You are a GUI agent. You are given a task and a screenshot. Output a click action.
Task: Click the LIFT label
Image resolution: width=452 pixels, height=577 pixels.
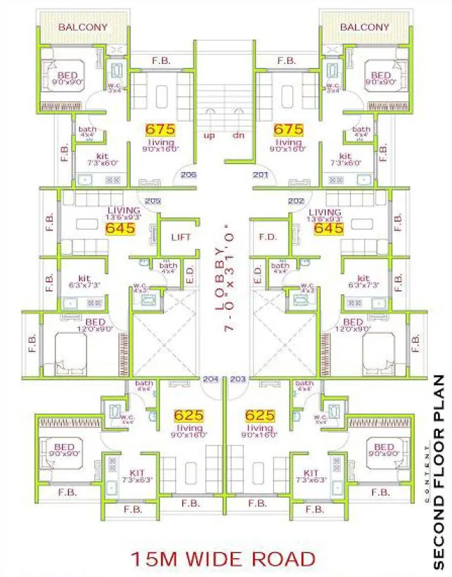[181, 238]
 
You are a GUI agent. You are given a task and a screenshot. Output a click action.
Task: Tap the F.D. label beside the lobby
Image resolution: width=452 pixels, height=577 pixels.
[268, 238]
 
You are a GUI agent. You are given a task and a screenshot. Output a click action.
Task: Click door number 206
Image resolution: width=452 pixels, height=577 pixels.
[188, 175]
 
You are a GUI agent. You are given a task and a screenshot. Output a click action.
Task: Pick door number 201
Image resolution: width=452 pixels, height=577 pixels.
[261, 175]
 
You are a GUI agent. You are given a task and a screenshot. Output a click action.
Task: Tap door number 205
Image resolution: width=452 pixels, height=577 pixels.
[153, 201]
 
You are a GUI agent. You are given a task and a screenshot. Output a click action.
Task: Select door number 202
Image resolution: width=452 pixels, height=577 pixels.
[296, 201]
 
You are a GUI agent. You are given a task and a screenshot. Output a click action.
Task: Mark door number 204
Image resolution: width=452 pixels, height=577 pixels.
[210, 380]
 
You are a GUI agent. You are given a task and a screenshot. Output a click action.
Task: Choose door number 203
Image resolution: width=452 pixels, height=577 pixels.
[238, 380]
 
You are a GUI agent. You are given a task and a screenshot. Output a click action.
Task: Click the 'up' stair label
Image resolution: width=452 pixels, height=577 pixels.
[209, 135]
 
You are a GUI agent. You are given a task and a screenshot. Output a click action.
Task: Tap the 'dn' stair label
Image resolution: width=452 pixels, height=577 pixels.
[238, 135]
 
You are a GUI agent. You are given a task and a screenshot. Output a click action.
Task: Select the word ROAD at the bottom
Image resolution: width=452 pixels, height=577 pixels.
[286, 559]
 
